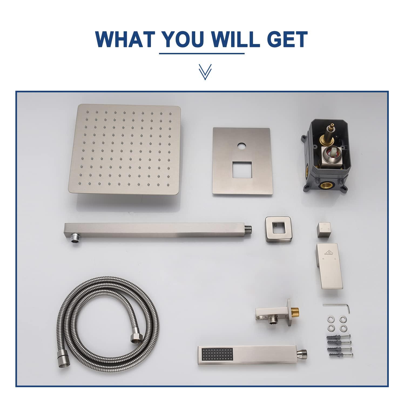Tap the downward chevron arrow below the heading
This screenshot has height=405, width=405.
pos(205,72)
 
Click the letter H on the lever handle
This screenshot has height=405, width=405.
pos(323,259)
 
